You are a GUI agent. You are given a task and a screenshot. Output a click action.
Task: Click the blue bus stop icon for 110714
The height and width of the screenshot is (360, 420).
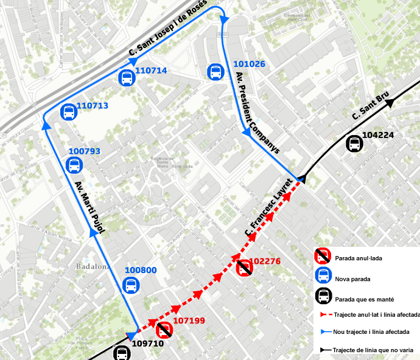[x=126, y=77]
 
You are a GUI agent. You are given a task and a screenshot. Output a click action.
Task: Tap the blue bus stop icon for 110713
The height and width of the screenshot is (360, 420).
[x=68, y=112]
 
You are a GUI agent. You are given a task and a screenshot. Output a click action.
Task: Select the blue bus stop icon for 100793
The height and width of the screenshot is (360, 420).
[x=74, y=165]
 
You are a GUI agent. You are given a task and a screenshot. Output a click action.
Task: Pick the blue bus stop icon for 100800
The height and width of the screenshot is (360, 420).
[x=130, y=285]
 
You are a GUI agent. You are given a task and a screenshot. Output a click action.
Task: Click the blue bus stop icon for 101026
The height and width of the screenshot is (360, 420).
[x=215, y=72]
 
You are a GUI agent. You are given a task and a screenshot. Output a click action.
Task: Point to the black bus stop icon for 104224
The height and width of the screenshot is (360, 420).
[x=354, y=144]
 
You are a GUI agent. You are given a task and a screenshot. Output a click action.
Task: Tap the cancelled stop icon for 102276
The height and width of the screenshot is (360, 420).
[x=244, y=268]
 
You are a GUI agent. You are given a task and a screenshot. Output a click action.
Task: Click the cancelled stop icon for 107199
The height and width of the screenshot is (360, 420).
[x=164, y=330]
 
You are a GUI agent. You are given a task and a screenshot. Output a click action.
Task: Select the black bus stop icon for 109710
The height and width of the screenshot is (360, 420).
[x=122, y=353]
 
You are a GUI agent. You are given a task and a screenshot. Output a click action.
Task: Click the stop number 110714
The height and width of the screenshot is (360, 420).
[x=151, y=71]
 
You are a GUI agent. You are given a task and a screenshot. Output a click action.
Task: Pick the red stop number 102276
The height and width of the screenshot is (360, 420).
[x=265, y=261]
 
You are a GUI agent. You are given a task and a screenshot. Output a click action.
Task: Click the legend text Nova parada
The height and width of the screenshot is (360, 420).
[x=352, y=279]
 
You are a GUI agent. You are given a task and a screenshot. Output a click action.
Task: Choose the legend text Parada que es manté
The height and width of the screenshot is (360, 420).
[x=364, y=299]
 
